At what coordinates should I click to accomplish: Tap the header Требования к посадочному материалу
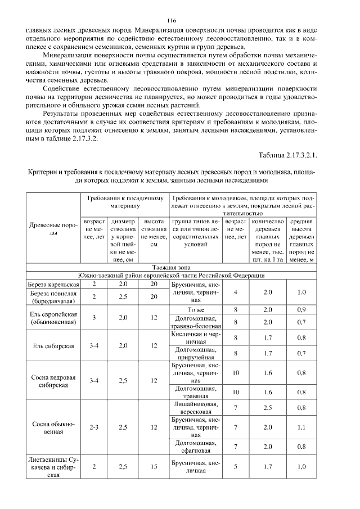point(125,202)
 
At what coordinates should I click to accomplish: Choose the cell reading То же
point(196,310)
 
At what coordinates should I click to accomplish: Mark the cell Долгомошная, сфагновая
point(196,447)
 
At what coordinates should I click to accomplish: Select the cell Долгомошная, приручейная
point(196,353)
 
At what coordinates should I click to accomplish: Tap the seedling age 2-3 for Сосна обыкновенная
point(94,427)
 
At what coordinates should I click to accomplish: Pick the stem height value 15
point(153,466)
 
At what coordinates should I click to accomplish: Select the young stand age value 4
point(235,292)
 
